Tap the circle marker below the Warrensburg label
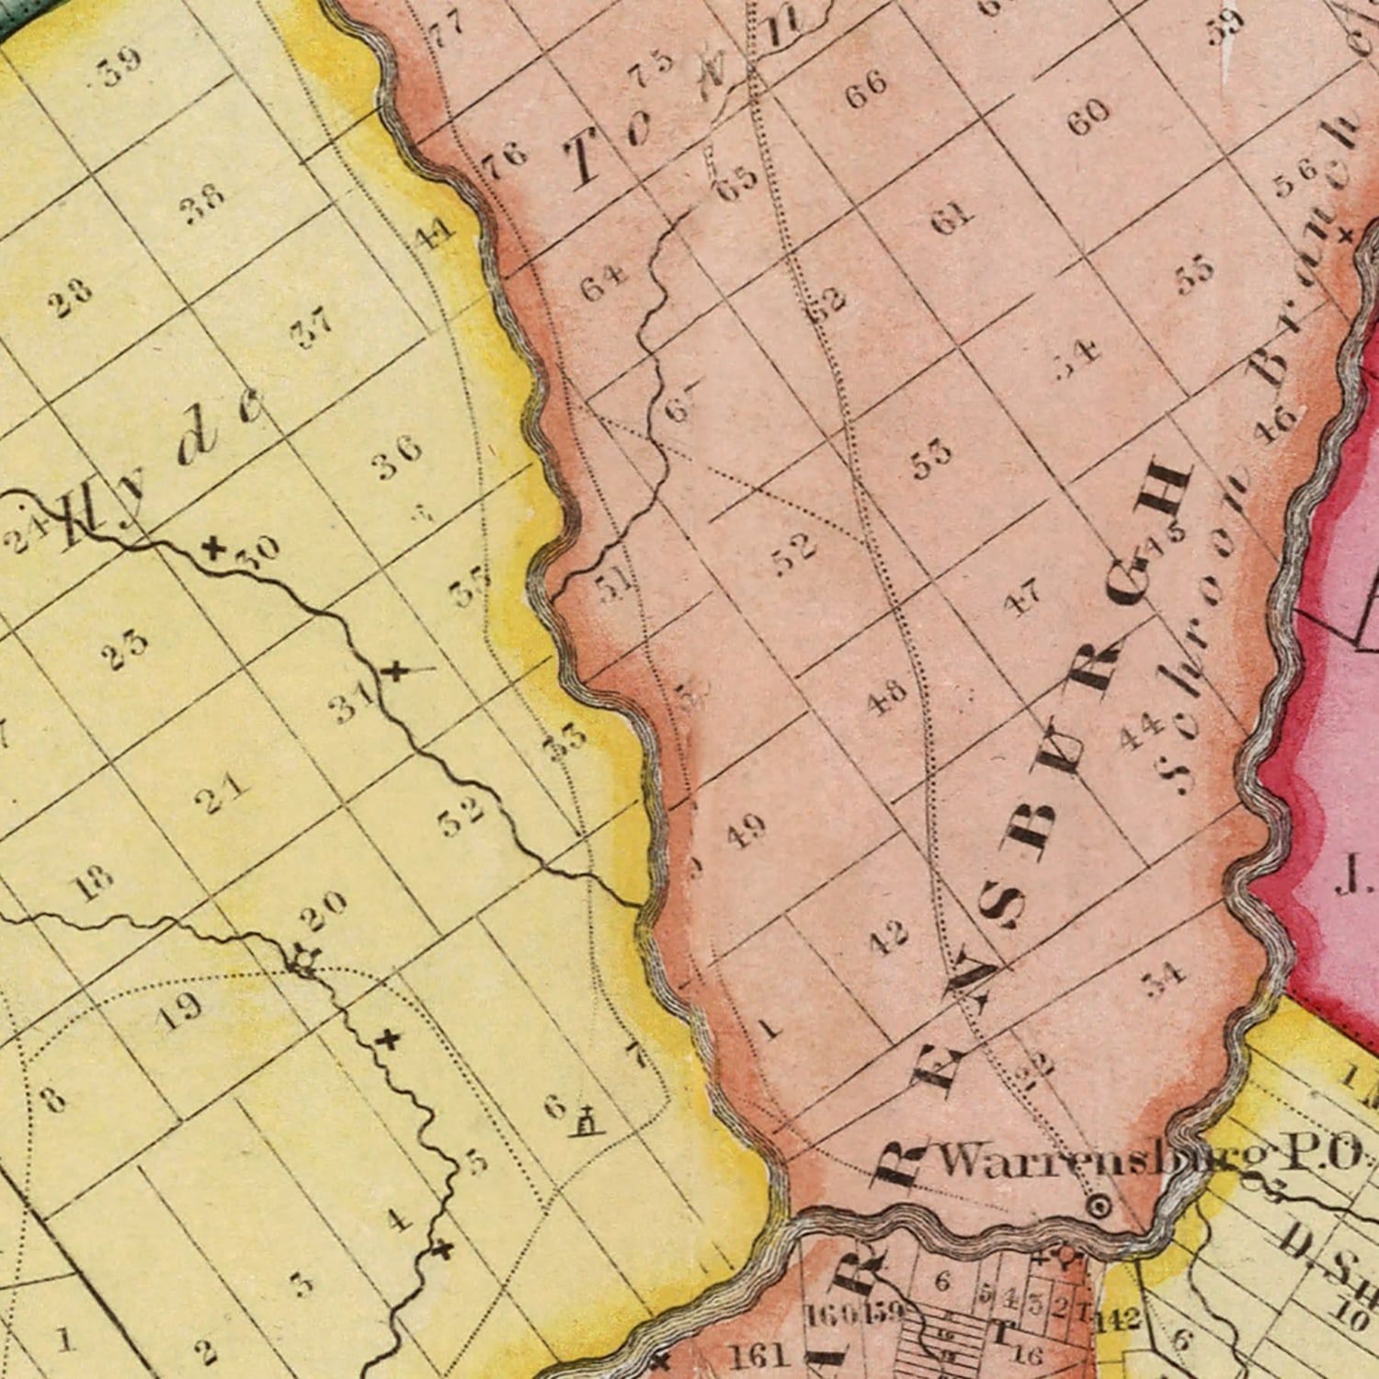click(1099, 1204)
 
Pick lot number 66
click(866, 89)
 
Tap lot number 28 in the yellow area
click(73, 297)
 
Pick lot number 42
click(888, 937)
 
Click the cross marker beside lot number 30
click(213, 549)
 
